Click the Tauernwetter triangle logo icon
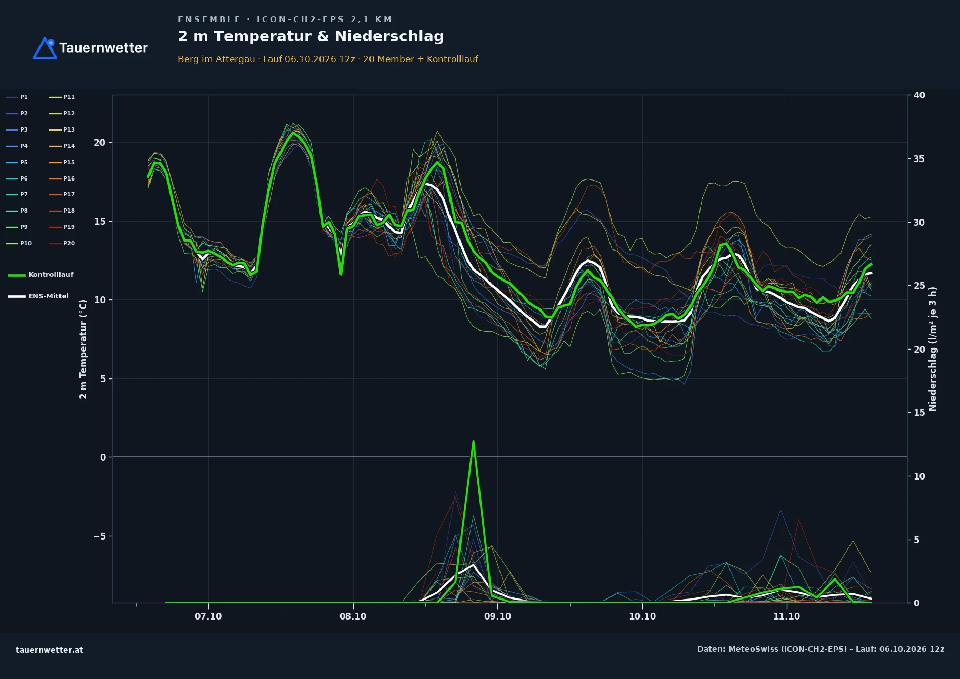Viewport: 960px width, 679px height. pos(45,48)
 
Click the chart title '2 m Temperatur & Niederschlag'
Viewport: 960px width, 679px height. pos(311,36)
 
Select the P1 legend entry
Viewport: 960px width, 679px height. pos(17,97)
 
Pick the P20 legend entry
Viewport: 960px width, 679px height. pos(62,243)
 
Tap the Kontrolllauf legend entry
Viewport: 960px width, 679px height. pos(41,275)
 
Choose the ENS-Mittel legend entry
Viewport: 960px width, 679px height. pos(38,296)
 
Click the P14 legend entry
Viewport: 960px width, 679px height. pos(62,146)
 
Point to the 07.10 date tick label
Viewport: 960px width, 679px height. pos(208,616)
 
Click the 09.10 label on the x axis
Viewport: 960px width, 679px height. pos(497,616)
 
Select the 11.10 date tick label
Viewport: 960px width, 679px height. pos(786,616)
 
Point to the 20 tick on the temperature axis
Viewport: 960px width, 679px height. pos(99,143)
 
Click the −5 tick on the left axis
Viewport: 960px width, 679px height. pos(99,536)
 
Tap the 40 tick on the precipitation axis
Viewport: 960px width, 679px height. pos(919,95)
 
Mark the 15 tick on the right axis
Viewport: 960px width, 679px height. pos(919,413)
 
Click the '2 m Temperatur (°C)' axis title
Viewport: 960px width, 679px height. pos(83,350)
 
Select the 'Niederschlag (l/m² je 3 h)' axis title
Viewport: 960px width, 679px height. pos(933,349)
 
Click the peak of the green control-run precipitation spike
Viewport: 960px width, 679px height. pos(473,441)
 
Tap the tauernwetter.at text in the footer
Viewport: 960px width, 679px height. pos(49,650)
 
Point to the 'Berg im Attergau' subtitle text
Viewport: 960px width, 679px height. pos(216,59)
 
